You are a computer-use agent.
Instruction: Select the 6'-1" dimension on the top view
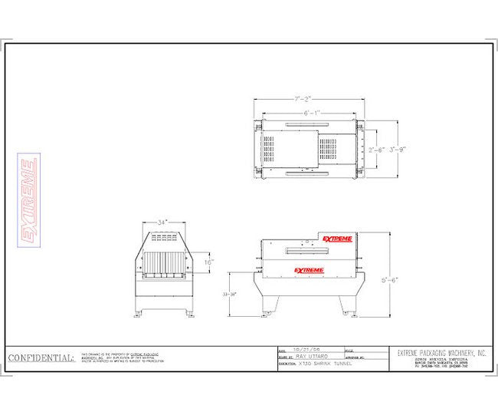tap(311, 113)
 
